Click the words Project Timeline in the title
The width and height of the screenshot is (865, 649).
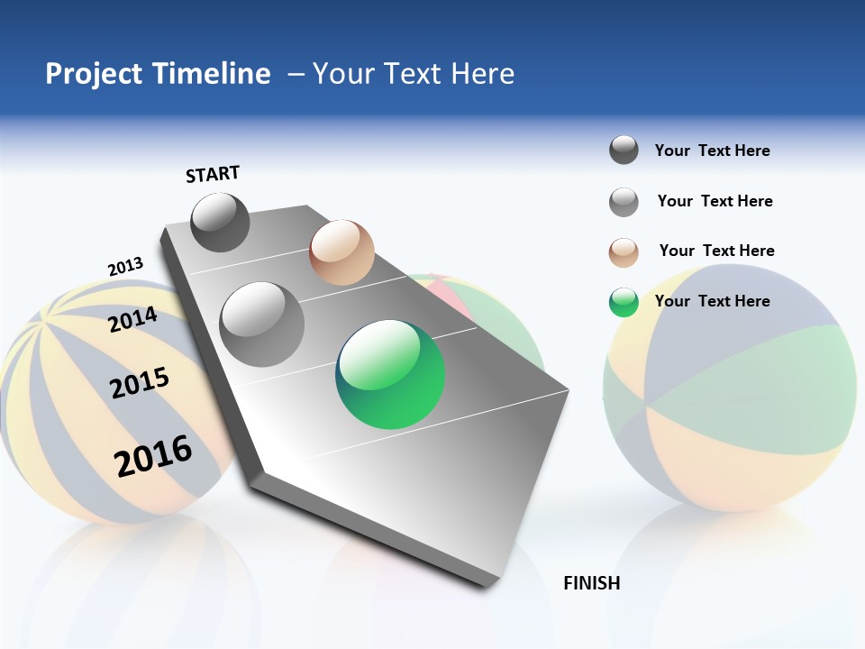(x=158, y=74)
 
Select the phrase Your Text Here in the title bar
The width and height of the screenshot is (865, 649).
(x=413, y=74)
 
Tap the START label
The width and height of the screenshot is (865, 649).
(x=213, y=174)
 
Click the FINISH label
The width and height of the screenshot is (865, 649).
(x=591, y=583)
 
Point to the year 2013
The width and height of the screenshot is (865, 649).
(x=125, y=267)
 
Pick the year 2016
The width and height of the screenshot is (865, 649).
(x=153, y=455)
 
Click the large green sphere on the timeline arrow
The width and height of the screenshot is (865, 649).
(x=390, y=374)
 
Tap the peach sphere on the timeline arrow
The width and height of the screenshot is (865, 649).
(x=341, y=252)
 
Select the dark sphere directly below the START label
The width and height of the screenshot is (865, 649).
(x=220, y=222)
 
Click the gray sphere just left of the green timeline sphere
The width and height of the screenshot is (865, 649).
(x=262, y=324)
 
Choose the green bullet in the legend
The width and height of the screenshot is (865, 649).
(x=624, y=302)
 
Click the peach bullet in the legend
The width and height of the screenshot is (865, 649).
(x=624, y=252)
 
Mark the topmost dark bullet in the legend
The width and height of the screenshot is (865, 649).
(x=624, y=150)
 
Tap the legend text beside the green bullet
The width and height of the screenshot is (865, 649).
(x=712, y=301)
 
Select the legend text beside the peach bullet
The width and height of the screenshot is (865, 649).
(x=716, y=251)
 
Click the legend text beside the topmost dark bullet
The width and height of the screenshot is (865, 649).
(x=712, y=151)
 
